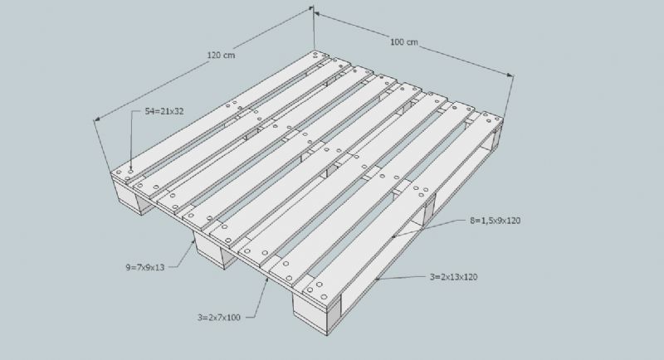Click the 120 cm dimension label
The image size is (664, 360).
pyautogui.click(x=221, y=55)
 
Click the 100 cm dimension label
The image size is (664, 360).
pyautogui.click(x=404, y=41)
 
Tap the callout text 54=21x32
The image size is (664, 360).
pyautogui.click(x=164, y=112)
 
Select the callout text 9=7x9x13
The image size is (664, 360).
pyautogui.click(x=144, y=267)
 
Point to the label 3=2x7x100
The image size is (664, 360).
pyautogui.click(x=219, y=317)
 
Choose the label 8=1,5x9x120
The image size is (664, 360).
pyautogui.click(x=495, y=221)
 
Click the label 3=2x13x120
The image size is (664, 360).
pyautogui.click(x=453, y=277)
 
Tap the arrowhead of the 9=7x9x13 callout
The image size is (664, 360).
pyautogui.click(x=194, y=241)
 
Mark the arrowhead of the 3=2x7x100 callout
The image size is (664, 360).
pyautogui.click(x=267, y=280)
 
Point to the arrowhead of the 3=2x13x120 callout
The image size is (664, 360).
pyautogui.click(x=376, y=279)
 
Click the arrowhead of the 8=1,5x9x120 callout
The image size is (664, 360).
pyautogui.click(x=393, y=236)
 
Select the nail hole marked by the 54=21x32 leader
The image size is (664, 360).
pyautogui.click(x=131, y=171)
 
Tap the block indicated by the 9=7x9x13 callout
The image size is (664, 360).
pyautogui.click(x=211, y=251)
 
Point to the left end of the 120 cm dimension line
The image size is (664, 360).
pyautogui.click(x=95, y=120)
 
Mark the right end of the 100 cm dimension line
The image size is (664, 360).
pyautogui.click(x=512, y=76)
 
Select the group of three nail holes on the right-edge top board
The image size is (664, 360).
pyautogui.click(x=421, y=192)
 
